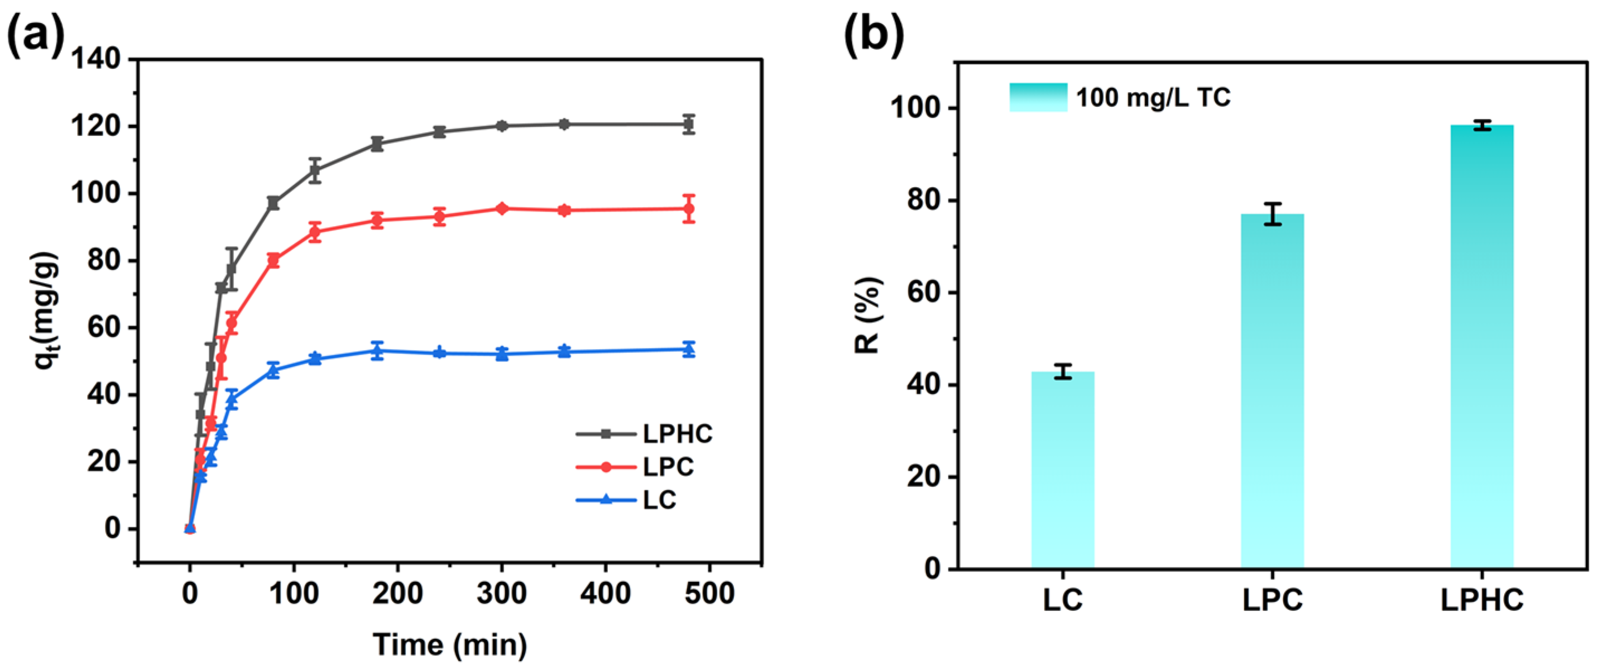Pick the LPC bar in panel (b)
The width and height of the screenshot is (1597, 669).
(1272, 390)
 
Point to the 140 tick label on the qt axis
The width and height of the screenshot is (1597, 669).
(95, 60)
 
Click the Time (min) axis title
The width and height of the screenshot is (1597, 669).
(450, 645)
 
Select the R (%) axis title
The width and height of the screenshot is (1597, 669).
(868, 315)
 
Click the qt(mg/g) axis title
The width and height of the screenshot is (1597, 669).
(47, 310)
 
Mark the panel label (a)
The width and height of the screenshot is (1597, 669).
(35, 35)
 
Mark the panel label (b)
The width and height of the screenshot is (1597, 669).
(874, 35)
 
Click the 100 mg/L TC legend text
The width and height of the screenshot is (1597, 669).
(1153, 98)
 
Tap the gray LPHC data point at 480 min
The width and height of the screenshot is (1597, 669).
(688, 124)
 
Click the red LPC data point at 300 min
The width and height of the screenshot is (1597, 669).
(502, 208)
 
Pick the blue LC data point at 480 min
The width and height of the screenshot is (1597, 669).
(688, 349)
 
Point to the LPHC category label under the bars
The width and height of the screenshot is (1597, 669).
(1481, 600)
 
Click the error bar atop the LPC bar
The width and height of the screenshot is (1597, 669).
(1272, 213)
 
